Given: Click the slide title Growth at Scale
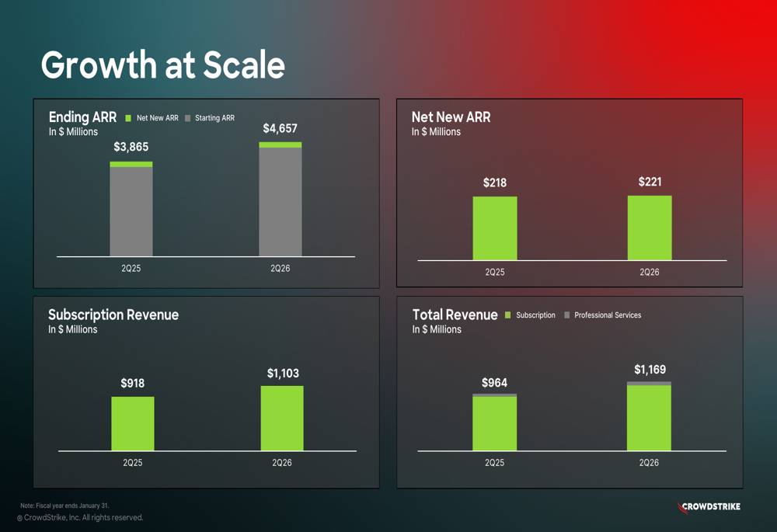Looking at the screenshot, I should click(x=162, y=65).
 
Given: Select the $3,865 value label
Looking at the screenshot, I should click(x=131, y=147).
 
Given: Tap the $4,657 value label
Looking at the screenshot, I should click(x=280, y=128).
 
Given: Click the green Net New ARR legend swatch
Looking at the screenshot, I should click(x=128, y=118).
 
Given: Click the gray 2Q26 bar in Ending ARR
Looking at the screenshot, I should click(x=280, y=202).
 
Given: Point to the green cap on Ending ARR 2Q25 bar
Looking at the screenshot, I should click(x=131, y=165).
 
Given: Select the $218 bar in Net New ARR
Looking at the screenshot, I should click(x=494, y=228).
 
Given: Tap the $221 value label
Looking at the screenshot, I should click(x=650, y=182).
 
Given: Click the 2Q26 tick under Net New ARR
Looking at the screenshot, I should click(x=650, y=273).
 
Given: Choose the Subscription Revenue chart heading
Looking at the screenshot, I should click(x=113, y=315).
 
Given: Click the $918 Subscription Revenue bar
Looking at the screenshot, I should click(x=132, y=423).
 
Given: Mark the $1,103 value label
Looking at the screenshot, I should click(x=283, y=374).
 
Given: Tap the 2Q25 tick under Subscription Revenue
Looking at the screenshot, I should click(x=132, y=463).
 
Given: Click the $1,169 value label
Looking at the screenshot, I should click(x=650, y=370).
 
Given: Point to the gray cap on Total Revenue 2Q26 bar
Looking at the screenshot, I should click(x=649, y=384).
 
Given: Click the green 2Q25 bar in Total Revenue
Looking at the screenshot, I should click(x=494, y=424).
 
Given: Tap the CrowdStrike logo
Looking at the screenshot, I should click(x=709, y=507).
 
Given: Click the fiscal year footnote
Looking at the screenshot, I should click(x=64, y=506).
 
